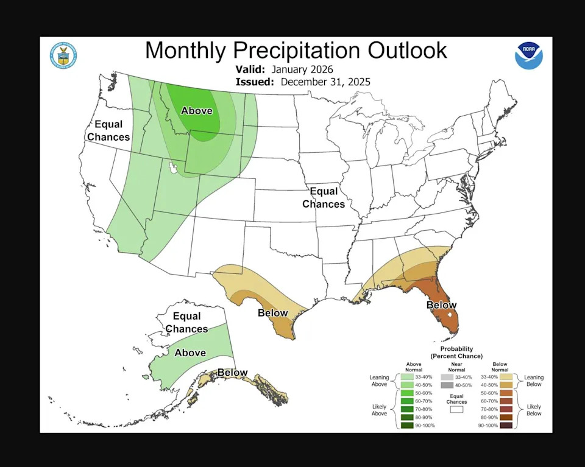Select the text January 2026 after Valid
tap(303, 69)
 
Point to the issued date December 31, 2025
tap(325, 82)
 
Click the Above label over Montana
tap(197, 110)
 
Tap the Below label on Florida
tap(441, 305)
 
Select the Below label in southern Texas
tap(272, 313)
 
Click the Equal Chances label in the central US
tap(324, 198)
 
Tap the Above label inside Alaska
tap(190, 353)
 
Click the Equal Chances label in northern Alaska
tap(186, 323)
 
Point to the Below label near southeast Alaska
tap(232, 373)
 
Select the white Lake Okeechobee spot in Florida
tap(448, 316)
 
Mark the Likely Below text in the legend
tap(534, 409)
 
